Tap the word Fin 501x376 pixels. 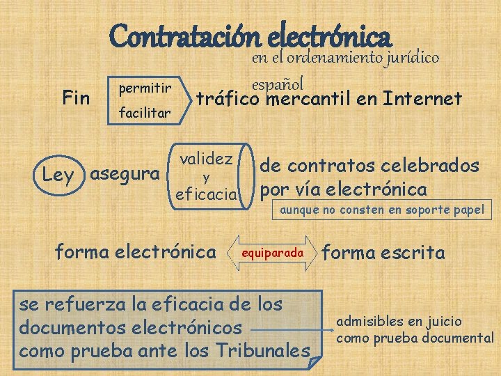[x=76, y=98]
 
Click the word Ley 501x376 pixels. [x=58, y=175]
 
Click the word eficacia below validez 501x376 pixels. [x=207, y=193]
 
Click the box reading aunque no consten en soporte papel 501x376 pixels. [x=381, y=210]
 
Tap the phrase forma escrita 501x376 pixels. [x=383, y=253]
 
